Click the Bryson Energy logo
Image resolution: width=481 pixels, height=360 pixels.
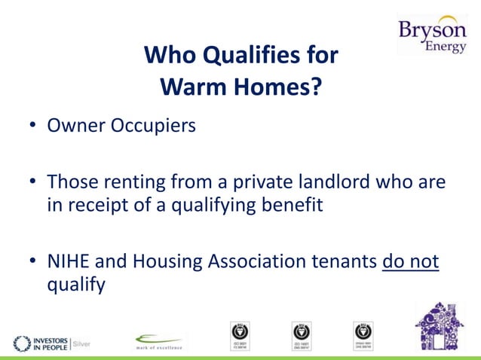[x=433, y=35]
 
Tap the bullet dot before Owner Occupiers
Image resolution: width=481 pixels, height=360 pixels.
[x=33, y=125]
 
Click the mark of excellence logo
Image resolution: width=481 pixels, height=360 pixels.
[x=159, y=341]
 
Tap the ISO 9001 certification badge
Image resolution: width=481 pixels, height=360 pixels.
[x=240, y=336]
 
